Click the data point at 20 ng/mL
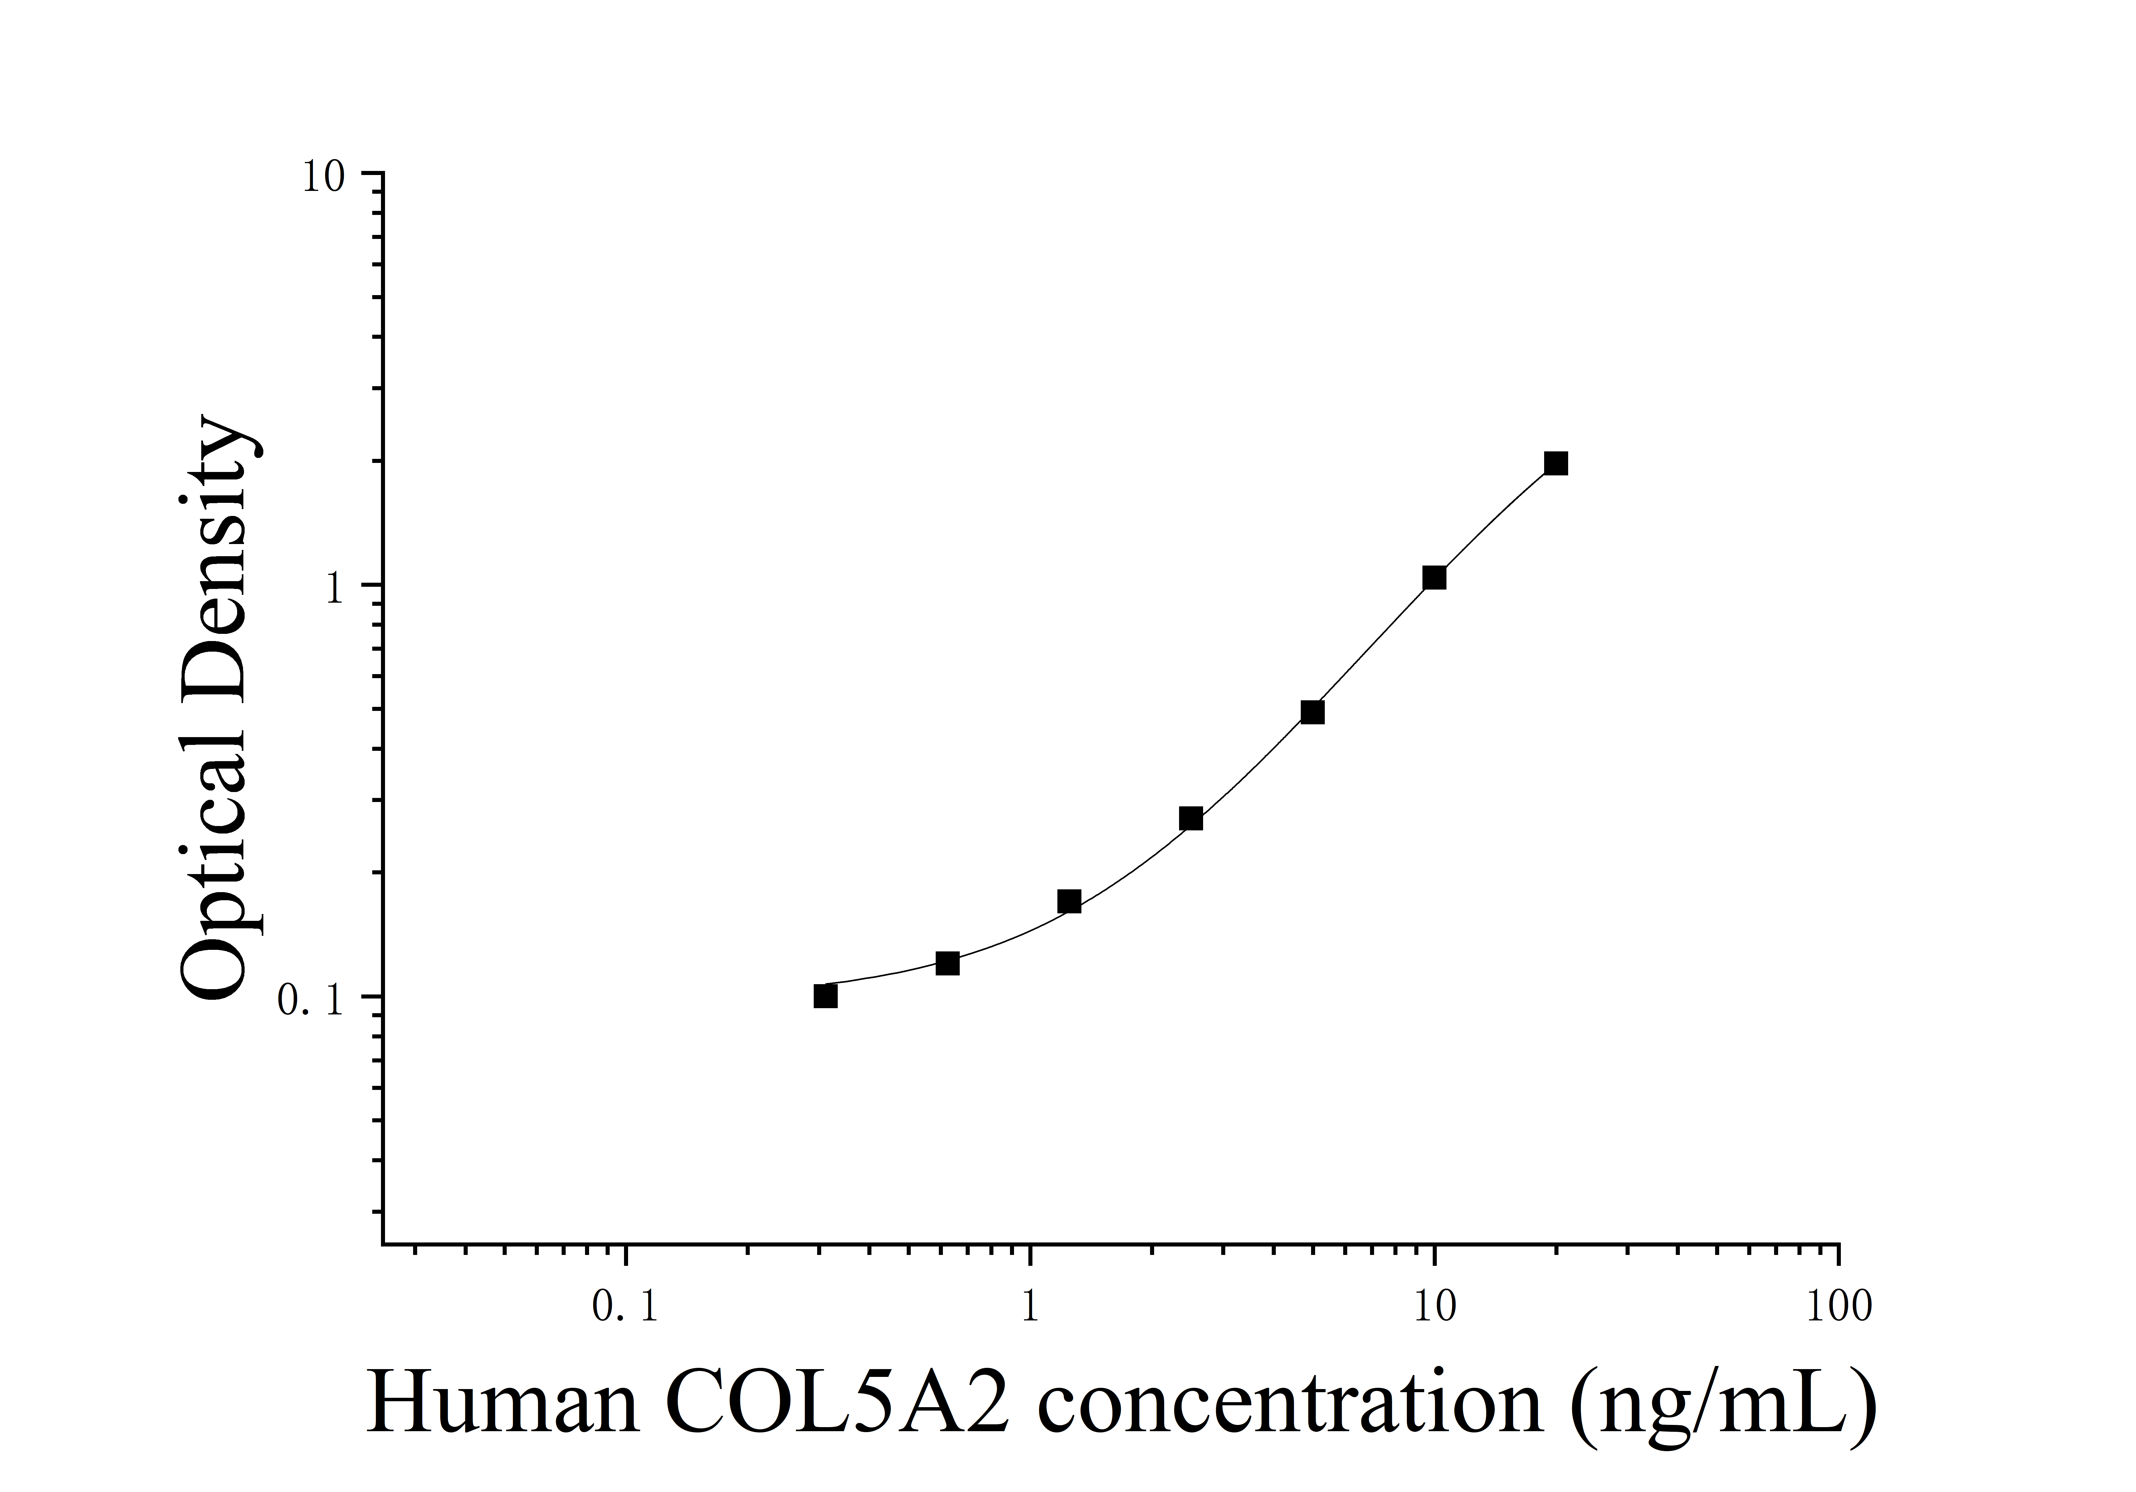tap(1555, 463)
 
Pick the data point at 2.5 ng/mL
tap(1191, 819)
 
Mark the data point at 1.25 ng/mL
tap(1069, 901)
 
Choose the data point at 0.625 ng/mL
tap(947, 964)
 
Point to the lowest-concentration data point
tap(825, 996)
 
